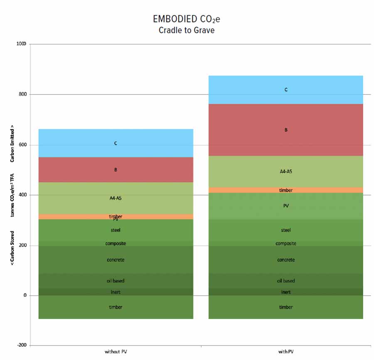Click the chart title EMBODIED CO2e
click(187, 19)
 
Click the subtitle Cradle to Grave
click(187, 30)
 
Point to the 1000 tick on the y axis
click(21, 44)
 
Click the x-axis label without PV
click(116, 352)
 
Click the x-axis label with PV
click(286, 352)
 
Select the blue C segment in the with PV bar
click(286, 90)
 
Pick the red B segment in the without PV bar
click(116, 170)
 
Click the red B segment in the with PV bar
click(286, 130)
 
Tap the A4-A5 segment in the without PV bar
click(116, 198)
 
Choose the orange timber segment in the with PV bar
click(286, 190)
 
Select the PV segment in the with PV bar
click(286, 206)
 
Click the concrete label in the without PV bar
click(116, 260)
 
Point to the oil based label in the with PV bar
click(286, 281)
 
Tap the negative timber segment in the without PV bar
click(116, 307)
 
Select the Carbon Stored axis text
click(12, 248)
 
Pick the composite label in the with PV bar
click(286, 244)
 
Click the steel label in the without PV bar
click(116, 230)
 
